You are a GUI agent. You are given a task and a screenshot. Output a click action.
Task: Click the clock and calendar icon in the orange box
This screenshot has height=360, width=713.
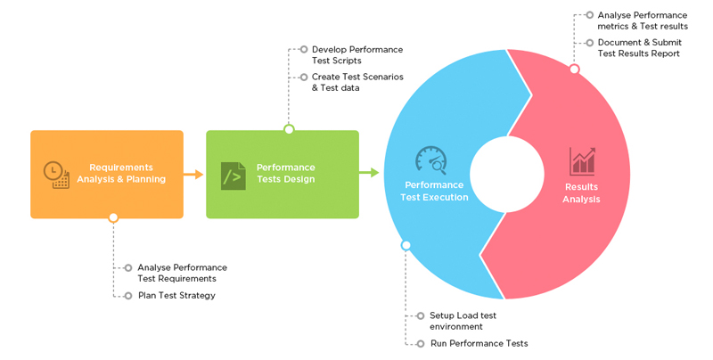(55, 175)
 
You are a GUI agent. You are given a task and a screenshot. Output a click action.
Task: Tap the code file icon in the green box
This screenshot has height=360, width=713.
(233, 175)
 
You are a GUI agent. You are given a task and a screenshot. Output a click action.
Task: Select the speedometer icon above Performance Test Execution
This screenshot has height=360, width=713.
(430, 160)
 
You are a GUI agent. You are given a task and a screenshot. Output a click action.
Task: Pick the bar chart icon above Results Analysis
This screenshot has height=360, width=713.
(583, 161)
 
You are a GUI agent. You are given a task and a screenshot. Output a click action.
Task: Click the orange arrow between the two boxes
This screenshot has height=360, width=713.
(193, 174)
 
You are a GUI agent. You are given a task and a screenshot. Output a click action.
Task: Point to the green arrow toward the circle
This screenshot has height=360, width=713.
(369, 172)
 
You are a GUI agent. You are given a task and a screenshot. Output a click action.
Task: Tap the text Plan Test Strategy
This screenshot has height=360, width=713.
(176, 295)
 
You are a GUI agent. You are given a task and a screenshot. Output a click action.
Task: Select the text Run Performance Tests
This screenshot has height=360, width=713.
(479, 343)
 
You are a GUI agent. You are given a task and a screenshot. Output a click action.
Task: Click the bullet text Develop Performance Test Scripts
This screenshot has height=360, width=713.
(356, 55)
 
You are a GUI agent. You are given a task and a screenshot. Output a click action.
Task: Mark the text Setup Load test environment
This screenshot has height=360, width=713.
(463, 321)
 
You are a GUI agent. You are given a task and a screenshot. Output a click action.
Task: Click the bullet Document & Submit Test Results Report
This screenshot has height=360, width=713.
(639, 48)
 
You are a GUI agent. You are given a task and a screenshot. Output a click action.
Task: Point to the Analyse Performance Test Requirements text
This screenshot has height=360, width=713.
(182, 273)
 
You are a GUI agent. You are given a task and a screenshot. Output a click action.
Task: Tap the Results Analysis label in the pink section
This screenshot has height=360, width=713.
(581, 193)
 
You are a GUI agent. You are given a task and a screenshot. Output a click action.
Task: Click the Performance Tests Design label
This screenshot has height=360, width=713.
(285, 173)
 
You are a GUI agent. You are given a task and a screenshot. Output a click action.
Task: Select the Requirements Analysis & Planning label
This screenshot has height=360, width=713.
(127, 173)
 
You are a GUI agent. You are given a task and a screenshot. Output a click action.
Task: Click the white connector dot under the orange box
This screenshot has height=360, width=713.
(113, 217)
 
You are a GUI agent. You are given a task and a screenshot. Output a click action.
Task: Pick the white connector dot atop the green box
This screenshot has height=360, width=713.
(289, 130)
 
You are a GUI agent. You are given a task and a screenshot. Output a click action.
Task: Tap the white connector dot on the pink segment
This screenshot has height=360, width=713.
(574, 70)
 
